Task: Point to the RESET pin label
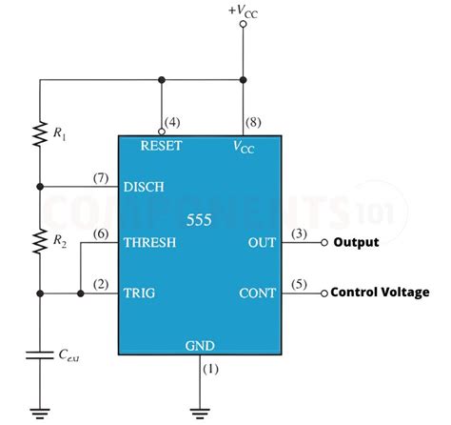(162, 147)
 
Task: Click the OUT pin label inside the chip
(262, 242)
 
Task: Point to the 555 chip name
(201, 220)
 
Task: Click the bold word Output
(356, 242)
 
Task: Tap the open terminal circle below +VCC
(243, 24)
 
